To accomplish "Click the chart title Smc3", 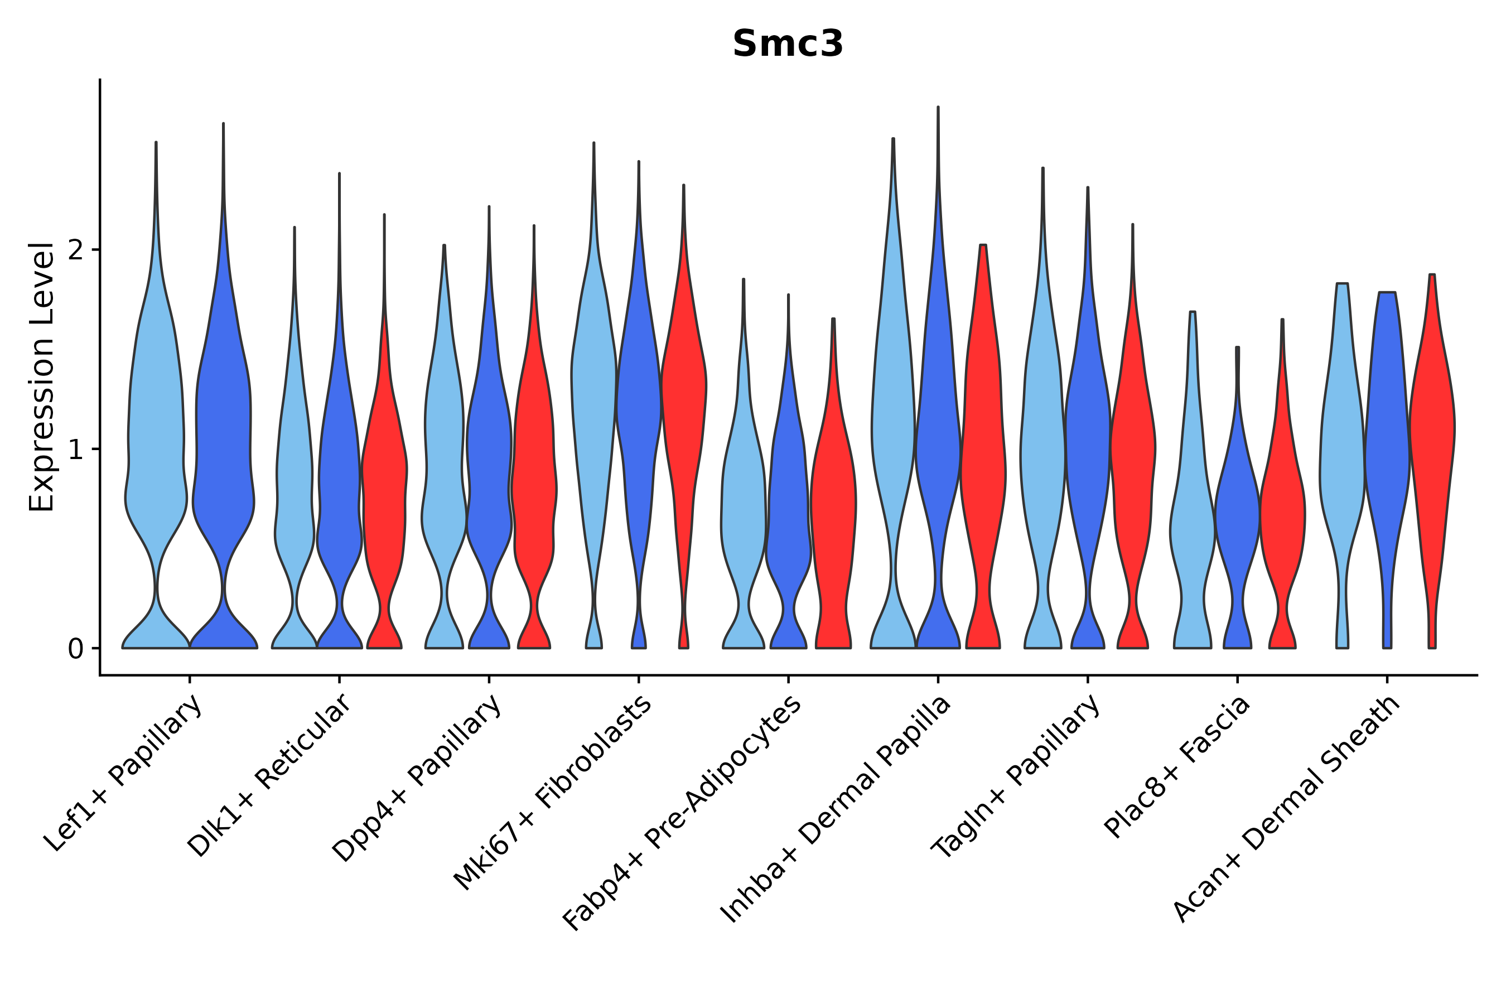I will (788, 44).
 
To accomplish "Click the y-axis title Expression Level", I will (42, 377).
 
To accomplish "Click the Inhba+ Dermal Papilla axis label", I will (836, 809).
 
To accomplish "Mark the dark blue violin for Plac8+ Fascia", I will (1237, 512).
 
